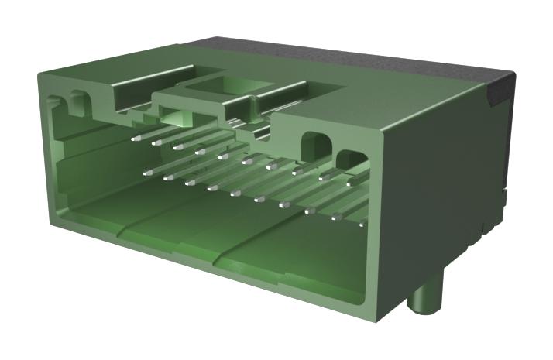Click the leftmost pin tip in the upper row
pyautogui.click(x=134, y=139)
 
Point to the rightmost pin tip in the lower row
pyautogui.click(x=362, y=224)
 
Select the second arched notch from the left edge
pyautogui.click(x=78, y=99)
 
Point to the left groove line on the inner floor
pyautogui.click(x=124, y=229)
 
